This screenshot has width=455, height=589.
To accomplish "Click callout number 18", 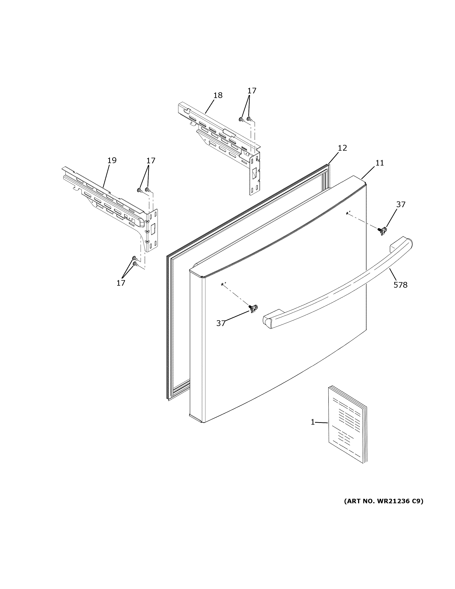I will (218, 95).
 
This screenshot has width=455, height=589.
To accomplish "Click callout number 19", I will (112, 161).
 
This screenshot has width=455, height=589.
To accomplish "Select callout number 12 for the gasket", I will (342, 148).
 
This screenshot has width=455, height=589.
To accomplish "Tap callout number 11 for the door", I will (380, 163).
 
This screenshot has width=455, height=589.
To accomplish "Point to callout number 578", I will (400, 285).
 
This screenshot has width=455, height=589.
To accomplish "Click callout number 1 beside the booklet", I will (313, 422).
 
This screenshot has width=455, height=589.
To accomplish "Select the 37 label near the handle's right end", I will (401, 205).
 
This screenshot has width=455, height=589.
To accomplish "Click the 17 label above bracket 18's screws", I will (252, 91).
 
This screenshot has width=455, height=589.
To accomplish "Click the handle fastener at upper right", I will (383, 231).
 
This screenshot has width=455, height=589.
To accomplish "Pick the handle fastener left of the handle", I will (253, 308).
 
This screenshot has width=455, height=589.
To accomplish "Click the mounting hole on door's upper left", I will (222, 284).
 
